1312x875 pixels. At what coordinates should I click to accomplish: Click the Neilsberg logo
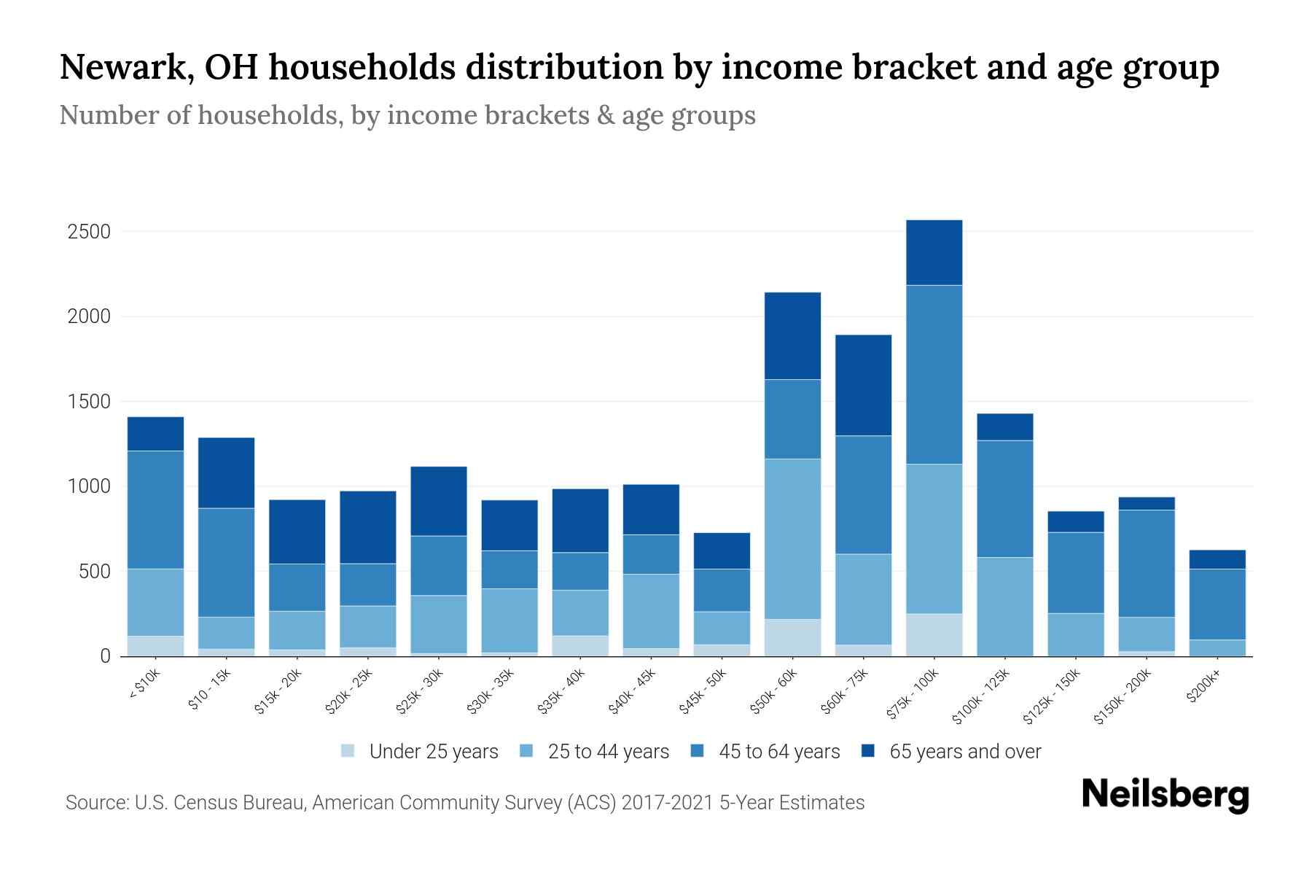click(x=1165, y=795)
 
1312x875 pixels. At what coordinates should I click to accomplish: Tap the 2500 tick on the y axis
click(x=89, y=232)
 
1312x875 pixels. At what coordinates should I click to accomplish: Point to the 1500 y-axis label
click(x=89, y=402)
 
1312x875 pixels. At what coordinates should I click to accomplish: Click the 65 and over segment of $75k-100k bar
click(x=934, y=252)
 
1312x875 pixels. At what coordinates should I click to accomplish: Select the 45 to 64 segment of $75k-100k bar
click(x=934, y=375)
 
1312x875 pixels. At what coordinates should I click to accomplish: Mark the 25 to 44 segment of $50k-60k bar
click(x=793, y=539)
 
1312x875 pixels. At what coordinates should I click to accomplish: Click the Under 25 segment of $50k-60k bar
click(x=793, y=637)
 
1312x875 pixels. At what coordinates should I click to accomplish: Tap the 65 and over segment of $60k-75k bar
click(x=864, y=385)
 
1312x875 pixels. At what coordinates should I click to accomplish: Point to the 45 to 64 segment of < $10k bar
click(x=155, y=510)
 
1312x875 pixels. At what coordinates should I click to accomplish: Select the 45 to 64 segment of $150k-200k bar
click(x=1147, y=564)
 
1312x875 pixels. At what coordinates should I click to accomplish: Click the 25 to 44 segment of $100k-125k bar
click(x=1005, y=607)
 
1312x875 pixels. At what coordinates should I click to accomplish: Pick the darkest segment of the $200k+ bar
click(x=1217, y=559)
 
